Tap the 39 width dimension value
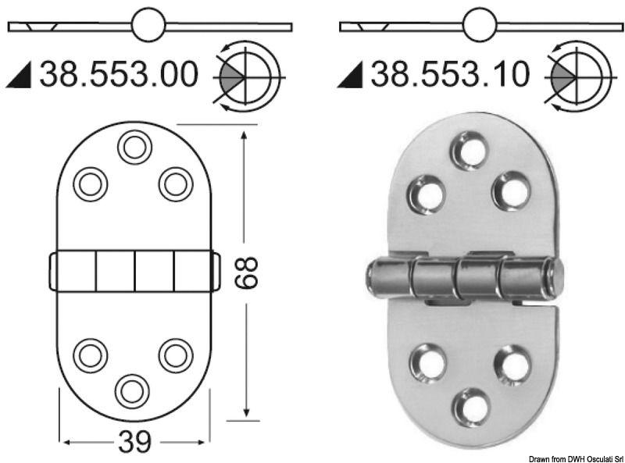pyautogui.click(x=134, y=443)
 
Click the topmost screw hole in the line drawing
pyautogui.click(x=134, y=147)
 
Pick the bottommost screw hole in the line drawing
pyautogui.click(x=132, y=390)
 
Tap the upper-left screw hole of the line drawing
pyautogui.click(x=91, y=184)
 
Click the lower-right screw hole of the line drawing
pyautogui.click(x=176, y=355)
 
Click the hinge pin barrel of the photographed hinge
pyautogui.click(x=464, y=278)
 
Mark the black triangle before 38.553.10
pyautogui.click(x=352, y=77)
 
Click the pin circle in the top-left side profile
pyautogui.click(x=148, y=25)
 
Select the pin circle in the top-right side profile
pyautogui.click(x=479, y=25)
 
